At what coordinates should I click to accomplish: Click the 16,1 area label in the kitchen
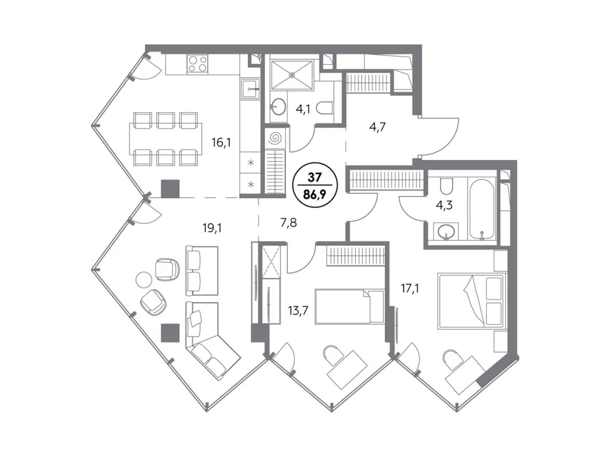point(221,143)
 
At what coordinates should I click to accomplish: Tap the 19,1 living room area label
point(212,228)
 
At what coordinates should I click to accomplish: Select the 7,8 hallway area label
point(288,223)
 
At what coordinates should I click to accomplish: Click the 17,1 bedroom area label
point(410,288)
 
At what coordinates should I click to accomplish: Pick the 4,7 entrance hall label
point(377,127)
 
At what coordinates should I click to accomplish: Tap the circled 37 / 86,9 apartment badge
point(315,185)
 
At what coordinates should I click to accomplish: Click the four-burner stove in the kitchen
point(197,63)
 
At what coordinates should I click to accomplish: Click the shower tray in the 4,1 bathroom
point(292,76)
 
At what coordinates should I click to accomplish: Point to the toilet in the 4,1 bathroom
point(325,108)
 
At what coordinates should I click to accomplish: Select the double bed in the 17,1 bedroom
point(472,300)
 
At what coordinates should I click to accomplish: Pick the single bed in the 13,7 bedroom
point(349,306)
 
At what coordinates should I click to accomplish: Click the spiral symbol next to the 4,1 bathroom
point(275,137)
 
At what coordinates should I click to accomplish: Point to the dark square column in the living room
point(170,333)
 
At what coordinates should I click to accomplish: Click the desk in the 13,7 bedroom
point(348,369)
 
